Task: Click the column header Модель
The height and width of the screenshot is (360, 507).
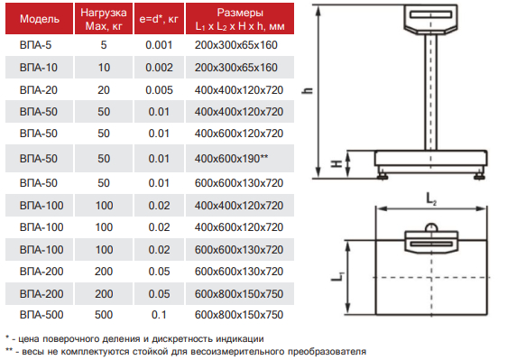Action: [40, 19]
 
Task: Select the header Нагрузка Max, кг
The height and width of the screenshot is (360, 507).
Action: [104, 19]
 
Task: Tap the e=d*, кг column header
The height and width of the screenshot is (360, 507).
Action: [159, 19]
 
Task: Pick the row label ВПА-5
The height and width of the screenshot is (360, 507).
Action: [35, 45]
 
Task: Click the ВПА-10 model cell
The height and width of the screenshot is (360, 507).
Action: [39, 68]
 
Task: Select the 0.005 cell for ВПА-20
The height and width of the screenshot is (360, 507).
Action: [159, 90]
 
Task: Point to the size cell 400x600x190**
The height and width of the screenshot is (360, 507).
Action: [231, 159]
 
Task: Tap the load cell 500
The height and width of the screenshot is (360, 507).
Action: [104, 315]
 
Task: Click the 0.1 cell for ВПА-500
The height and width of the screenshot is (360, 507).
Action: [159, 315]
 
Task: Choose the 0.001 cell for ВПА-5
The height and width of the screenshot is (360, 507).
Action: [159, 45]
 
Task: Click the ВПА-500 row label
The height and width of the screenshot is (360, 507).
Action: [41, 315]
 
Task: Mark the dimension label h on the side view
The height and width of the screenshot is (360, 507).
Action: [308, 90]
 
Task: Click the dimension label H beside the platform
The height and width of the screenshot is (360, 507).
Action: [336, 164]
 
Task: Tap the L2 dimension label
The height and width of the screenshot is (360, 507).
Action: [431, 198]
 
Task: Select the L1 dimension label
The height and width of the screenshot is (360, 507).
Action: [336, 276]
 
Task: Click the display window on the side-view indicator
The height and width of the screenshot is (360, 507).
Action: [430, 14]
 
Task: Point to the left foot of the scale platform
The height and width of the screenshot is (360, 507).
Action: [383, 176]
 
